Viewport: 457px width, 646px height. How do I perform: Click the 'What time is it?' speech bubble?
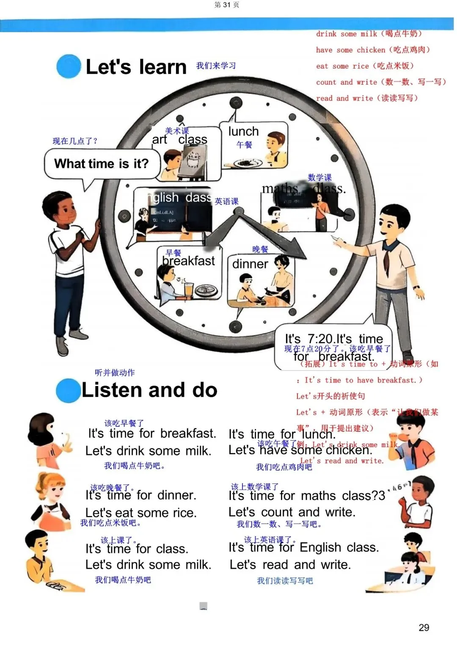coord(102,164)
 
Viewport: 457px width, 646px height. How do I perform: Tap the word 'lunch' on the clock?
coord(243,132)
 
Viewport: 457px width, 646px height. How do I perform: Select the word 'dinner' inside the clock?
coord(250,264)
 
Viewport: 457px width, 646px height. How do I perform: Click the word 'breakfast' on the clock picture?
coord(189,261)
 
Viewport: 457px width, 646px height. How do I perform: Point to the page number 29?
coord(424,627)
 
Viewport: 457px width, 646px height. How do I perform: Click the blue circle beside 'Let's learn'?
coord(69,66)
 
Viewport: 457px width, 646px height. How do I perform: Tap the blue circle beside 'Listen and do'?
coord(68,390)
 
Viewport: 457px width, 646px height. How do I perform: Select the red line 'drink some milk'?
coord(369,34)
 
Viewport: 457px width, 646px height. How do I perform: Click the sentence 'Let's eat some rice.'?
coord(141,513)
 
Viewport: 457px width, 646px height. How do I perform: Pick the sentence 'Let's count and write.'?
coord(292,512)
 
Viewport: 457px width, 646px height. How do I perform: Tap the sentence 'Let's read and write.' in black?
coord(290,565)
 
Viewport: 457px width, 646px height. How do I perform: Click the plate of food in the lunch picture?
coord(245,163)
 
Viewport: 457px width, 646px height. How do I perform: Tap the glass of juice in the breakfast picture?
coord(189,289)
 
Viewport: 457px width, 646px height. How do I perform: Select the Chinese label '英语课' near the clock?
coord(227,202)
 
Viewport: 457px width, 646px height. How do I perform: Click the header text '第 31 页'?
coord(227,5)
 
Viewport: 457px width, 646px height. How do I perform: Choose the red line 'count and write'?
coord(381,82)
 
